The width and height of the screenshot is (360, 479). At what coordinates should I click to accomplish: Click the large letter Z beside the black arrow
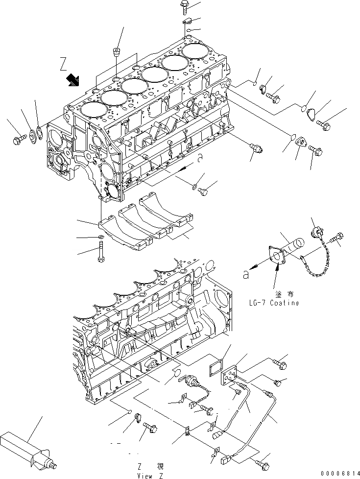(63, 64)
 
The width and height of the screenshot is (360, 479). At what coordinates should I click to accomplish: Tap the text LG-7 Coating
(274, 303)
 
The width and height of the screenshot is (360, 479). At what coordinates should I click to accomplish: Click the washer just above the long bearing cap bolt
(100, 239)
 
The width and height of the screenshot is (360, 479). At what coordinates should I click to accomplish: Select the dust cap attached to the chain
(316, 230)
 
